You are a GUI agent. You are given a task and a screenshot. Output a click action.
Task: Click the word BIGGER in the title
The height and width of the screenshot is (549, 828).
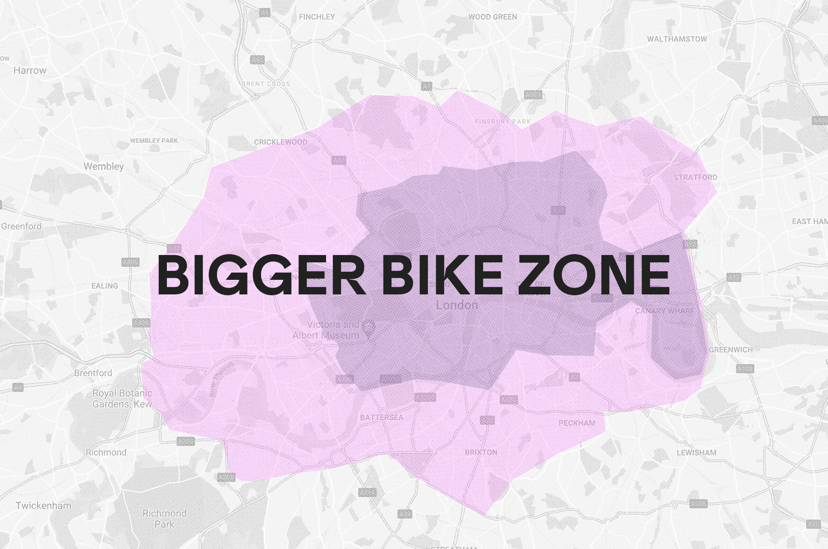261,274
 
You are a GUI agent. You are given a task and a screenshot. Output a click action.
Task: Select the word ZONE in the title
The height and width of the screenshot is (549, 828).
594,274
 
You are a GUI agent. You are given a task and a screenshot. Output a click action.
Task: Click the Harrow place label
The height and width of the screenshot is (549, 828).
30,71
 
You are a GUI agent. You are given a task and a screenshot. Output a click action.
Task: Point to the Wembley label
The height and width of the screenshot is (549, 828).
104,166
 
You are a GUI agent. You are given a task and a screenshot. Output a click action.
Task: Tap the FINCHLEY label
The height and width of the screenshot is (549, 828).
317,17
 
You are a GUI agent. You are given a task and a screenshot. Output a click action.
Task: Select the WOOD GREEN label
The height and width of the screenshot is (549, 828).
493,17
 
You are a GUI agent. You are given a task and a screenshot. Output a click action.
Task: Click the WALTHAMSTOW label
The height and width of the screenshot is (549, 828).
677,39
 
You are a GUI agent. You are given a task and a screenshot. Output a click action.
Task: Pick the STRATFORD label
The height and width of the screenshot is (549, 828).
695,177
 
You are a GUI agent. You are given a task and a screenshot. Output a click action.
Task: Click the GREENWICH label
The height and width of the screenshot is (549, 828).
731,350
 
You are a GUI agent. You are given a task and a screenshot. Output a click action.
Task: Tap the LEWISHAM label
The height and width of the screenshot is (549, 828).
696,452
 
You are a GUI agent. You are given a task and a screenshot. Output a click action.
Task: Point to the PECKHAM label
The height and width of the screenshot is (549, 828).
577,423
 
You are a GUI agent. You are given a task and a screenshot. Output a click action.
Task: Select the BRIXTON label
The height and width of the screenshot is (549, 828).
481,452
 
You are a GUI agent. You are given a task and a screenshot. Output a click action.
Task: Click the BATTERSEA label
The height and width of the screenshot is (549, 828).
381,417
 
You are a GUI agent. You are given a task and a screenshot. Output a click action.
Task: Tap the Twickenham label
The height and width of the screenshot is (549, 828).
44,506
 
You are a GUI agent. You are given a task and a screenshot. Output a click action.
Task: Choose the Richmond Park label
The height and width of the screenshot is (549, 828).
164,519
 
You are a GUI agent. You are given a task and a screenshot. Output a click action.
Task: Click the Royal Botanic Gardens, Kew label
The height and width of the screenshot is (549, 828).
122,398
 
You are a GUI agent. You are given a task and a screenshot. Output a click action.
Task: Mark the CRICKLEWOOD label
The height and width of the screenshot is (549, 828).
280,142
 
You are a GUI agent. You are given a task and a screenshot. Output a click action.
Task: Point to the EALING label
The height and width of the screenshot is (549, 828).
104,286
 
